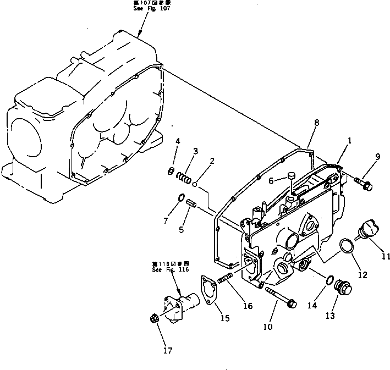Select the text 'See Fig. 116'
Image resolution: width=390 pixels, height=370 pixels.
171,269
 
